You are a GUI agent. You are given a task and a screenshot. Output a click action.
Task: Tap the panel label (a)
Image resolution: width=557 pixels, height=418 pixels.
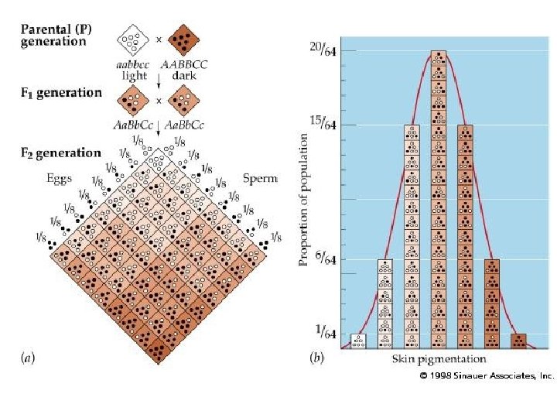point(29,358)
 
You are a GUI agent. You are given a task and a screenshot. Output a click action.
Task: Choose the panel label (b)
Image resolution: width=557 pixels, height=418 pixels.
point(317,358)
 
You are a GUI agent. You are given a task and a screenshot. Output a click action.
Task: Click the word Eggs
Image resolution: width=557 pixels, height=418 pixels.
point(58,179)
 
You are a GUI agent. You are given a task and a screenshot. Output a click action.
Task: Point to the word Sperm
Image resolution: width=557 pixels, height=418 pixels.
point(260,179)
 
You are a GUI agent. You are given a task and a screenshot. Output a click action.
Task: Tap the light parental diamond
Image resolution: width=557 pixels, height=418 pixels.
point(134,38)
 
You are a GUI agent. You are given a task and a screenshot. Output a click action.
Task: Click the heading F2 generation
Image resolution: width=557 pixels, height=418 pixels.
point(60,152)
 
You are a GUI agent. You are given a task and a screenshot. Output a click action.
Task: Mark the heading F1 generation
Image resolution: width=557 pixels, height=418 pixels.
point(60,93)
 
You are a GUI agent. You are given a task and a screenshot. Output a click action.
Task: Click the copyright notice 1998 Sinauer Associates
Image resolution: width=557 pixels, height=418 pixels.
point(487,375)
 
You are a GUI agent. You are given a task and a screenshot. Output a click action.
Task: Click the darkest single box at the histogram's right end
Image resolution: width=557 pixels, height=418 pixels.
point(518,341)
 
